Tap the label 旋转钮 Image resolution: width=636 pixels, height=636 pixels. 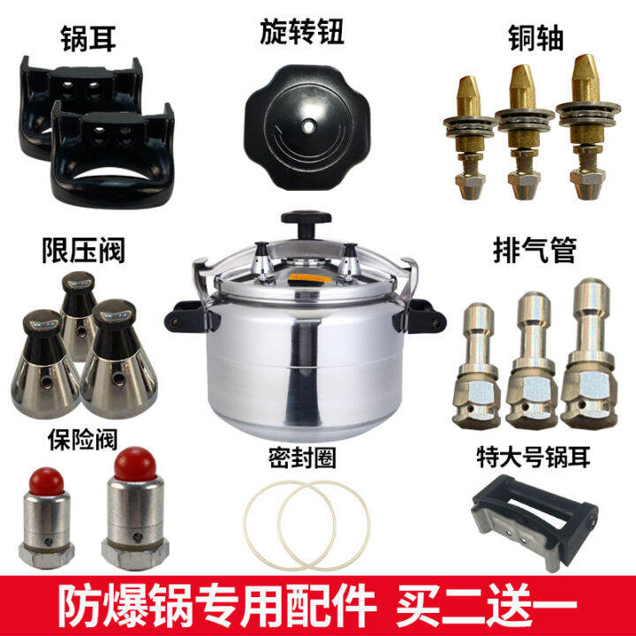303,34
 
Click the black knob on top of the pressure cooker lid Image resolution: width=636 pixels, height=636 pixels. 304,221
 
